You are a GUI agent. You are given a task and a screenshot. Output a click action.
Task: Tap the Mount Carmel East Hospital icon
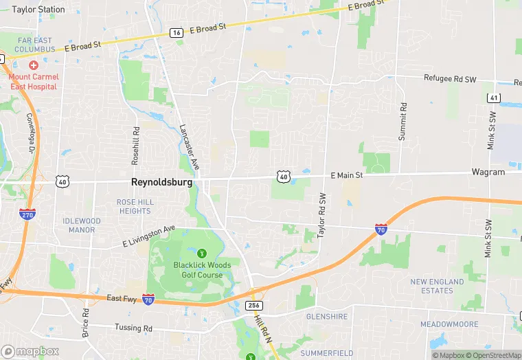tap(33, 64)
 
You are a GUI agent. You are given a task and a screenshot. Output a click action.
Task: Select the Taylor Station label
tap(38, 10)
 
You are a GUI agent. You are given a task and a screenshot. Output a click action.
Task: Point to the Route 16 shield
tap(177, 32)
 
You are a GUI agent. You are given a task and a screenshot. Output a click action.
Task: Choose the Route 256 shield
tap(253, 306)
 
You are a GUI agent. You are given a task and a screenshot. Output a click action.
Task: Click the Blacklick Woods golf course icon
tap(201, 254)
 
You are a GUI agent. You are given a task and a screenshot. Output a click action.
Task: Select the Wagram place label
tap(488, 172)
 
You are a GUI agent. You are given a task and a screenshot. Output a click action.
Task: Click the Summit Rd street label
tap(403, 121)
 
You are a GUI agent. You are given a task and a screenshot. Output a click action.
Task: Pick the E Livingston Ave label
tap(149, 236)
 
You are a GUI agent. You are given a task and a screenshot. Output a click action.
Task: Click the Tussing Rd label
tap(133, 328)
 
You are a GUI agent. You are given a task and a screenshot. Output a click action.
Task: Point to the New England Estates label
tap(437, 286)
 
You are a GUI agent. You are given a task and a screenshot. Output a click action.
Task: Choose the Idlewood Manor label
tap(81, 225)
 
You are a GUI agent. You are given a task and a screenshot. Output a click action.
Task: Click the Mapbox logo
tap(30, 351)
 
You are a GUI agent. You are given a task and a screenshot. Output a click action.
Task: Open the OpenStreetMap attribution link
tap(492, 355)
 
